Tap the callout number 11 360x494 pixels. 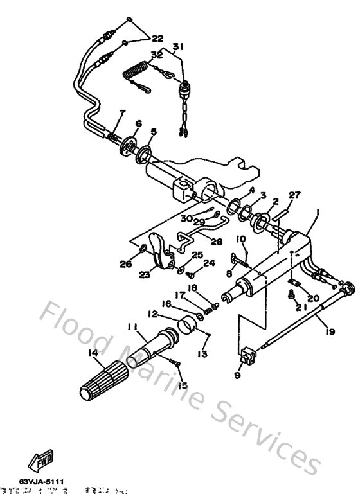[x=132, y=328]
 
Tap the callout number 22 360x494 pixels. [x=157, y=39]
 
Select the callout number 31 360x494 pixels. [x=177, y=46]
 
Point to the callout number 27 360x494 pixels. [x=294, y=195]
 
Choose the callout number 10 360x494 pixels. [x=241, y=239]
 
